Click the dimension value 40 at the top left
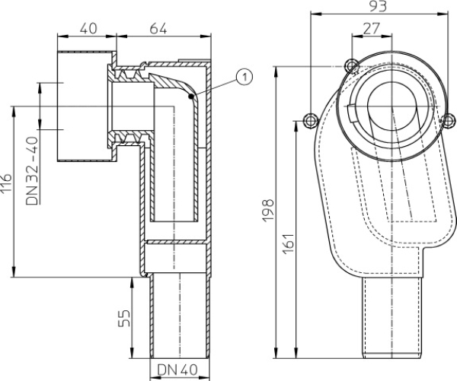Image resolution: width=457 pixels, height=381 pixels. point(88,29)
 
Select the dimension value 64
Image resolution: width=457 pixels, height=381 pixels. point(158,29)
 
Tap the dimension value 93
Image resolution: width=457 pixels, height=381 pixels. point(378,6)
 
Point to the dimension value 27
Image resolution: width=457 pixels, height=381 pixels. point(372,29)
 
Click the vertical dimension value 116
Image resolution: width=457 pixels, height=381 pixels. point(6,183)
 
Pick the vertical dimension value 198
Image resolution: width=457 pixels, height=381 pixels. point(268,210)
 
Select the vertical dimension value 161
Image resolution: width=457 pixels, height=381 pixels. point(289,243)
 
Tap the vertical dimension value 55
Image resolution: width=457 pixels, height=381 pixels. point(124,318)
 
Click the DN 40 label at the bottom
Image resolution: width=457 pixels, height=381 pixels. point(177,370)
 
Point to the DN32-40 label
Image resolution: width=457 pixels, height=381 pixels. point(32,171)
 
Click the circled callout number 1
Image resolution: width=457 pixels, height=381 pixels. point(244,77)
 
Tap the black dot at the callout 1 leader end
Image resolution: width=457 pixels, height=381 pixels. point(191,97)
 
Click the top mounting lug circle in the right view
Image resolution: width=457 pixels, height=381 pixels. point(352,65)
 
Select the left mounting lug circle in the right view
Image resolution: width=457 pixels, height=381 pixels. point(310,120)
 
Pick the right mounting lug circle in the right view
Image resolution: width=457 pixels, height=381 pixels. point(448,120)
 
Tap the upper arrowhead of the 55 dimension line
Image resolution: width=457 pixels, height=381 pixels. point(132,281)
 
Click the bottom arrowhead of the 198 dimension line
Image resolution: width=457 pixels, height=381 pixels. point(276,354)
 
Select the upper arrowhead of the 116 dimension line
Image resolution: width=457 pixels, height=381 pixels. point(13,111)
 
